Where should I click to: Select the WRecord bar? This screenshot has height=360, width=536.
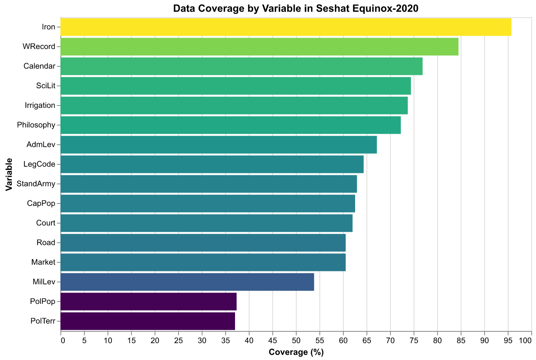(x=259, y=47)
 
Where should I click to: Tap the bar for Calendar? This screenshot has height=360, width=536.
(x=242, y=66)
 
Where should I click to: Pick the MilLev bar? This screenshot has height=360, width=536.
(x=187, y=282)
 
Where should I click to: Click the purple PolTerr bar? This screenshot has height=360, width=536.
(x=148, y=321)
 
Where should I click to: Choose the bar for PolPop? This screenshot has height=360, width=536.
(x=149, y=302)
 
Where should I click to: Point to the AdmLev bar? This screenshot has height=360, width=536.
(x=219, y=145)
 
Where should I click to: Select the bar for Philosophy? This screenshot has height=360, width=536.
(x=231, y=125)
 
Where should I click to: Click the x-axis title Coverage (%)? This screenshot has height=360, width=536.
(x=296, y=352)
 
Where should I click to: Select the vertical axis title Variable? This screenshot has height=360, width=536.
(x=9, y=174)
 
